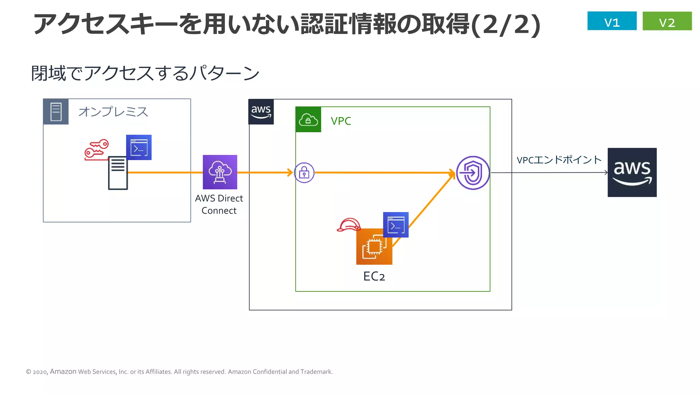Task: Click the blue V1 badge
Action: coord(612,21)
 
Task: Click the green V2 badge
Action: coord(667,21)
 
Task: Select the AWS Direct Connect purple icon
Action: coord(220,172)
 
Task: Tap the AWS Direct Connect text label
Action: coord(219,204)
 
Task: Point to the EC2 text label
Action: coord(374,276)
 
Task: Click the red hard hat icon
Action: coord(348,225)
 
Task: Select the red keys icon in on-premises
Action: coord(96,149)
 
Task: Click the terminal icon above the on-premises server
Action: coord(139,147)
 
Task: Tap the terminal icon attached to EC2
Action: coord(396,225)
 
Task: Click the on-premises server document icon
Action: coord(118,173)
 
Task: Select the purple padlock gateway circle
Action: coord(304,173)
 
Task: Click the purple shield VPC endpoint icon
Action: coord(473,173)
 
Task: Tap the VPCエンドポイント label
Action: coord(559,160)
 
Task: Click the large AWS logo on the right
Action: coord(632,172)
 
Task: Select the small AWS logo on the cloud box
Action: coord(261,112)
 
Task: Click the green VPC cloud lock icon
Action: coord(308,120)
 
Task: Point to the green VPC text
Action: coord(341,121)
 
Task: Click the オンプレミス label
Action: coord(113,112)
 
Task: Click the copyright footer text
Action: coord(179,372)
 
